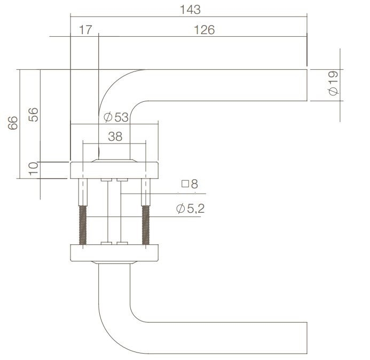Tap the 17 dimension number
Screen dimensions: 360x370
tap(85, 30)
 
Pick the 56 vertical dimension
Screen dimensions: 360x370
tap(33, 114)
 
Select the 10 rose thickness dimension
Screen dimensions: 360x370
tap(33, 170)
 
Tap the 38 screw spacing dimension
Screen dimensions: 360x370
tap(115, 136)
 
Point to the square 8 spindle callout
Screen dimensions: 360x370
tap(190, 184)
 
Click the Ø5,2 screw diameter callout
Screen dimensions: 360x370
tap(190, 209)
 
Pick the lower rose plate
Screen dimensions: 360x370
tap(114, 253)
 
